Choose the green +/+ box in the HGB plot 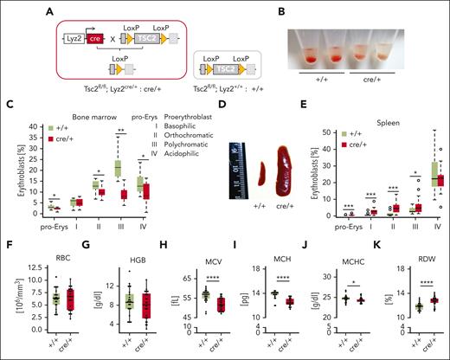point(131,307)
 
